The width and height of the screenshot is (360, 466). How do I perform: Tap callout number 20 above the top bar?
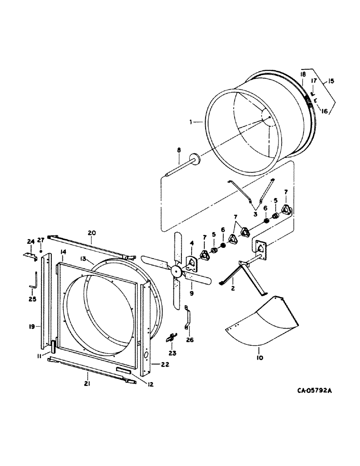tap(91, 233)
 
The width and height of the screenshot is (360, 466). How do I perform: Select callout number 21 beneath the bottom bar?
tap(87, 384)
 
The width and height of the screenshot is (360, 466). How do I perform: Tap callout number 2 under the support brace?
tap(232, 288)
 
